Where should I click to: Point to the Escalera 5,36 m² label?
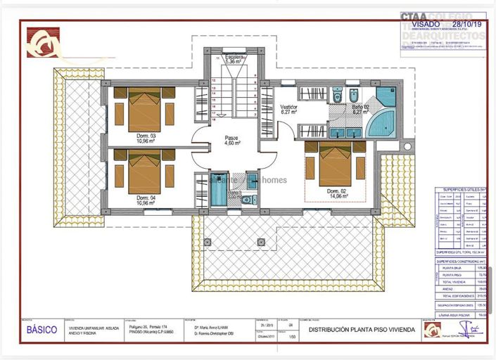click(234, 59)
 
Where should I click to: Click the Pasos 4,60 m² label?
click(232, 140)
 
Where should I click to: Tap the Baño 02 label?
click(361, 109)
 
